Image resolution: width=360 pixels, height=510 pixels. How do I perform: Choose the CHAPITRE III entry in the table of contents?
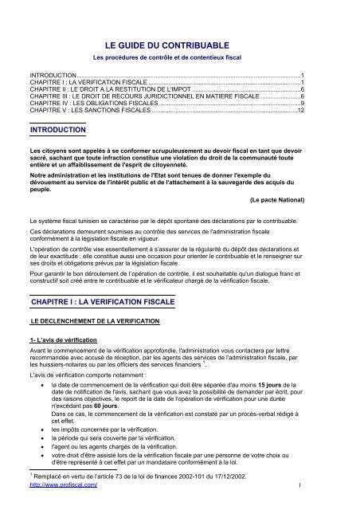tap(143, 96)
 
